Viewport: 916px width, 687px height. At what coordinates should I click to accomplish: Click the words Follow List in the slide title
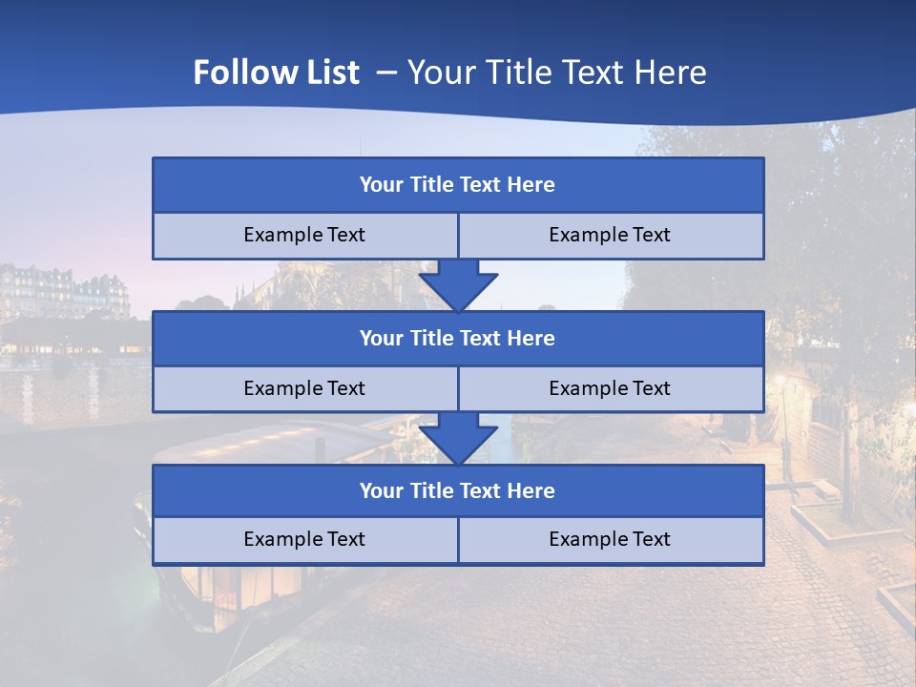(x=276, y=73)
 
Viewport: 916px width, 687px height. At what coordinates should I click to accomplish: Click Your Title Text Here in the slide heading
(x=556, y=73)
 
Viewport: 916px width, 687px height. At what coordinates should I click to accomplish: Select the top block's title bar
(x=458, y=185)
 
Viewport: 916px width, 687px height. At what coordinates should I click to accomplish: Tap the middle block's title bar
(x=458, y=339)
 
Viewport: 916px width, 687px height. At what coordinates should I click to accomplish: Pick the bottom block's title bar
(x=458, y=491)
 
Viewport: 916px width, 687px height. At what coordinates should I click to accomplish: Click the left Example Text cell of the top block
(x=304, y=236)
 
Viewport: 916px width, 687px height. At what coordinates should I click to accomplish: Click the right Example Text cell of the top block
(x=610, y=236)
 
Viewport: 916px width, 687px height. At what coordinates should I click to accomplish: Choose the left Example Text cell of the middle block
(x=304, y=389)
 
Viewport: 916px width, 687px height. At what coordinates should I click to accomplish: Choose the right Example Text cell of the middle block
(x=610, y=389)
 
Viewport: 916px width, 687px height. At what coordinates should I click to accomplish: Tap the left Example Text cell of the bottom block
(x=304, y=540)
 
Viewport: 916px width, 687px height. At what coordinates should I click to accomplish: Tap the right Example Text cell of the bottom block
(x=610, y=540)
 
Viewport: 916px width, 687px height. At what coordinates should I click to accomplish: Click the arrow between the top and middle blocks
(x=458, y=285)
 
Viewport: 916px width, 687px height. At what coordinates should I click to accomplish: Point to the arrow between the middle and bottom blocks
(x=458, y=438)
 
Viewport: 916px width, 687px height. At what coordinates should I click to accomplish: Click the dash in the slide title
(x=386, y=73)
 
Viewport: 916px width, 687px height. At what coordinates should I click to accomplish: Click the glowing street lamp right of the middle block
(x=780, y=382)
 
